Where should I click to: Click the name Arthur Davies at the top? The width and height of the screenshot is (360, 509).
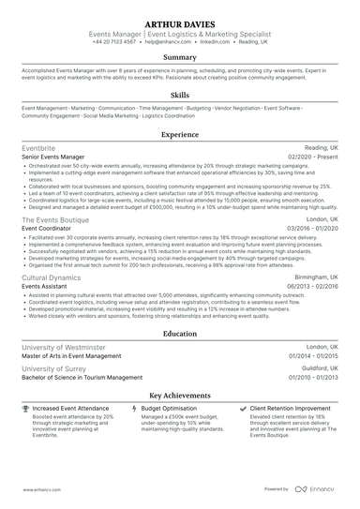coord(179,22)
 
